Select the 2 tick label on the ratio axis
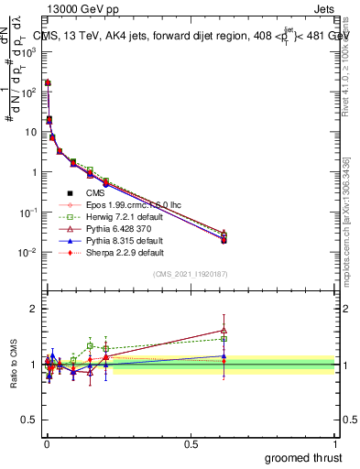[33, 309]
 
